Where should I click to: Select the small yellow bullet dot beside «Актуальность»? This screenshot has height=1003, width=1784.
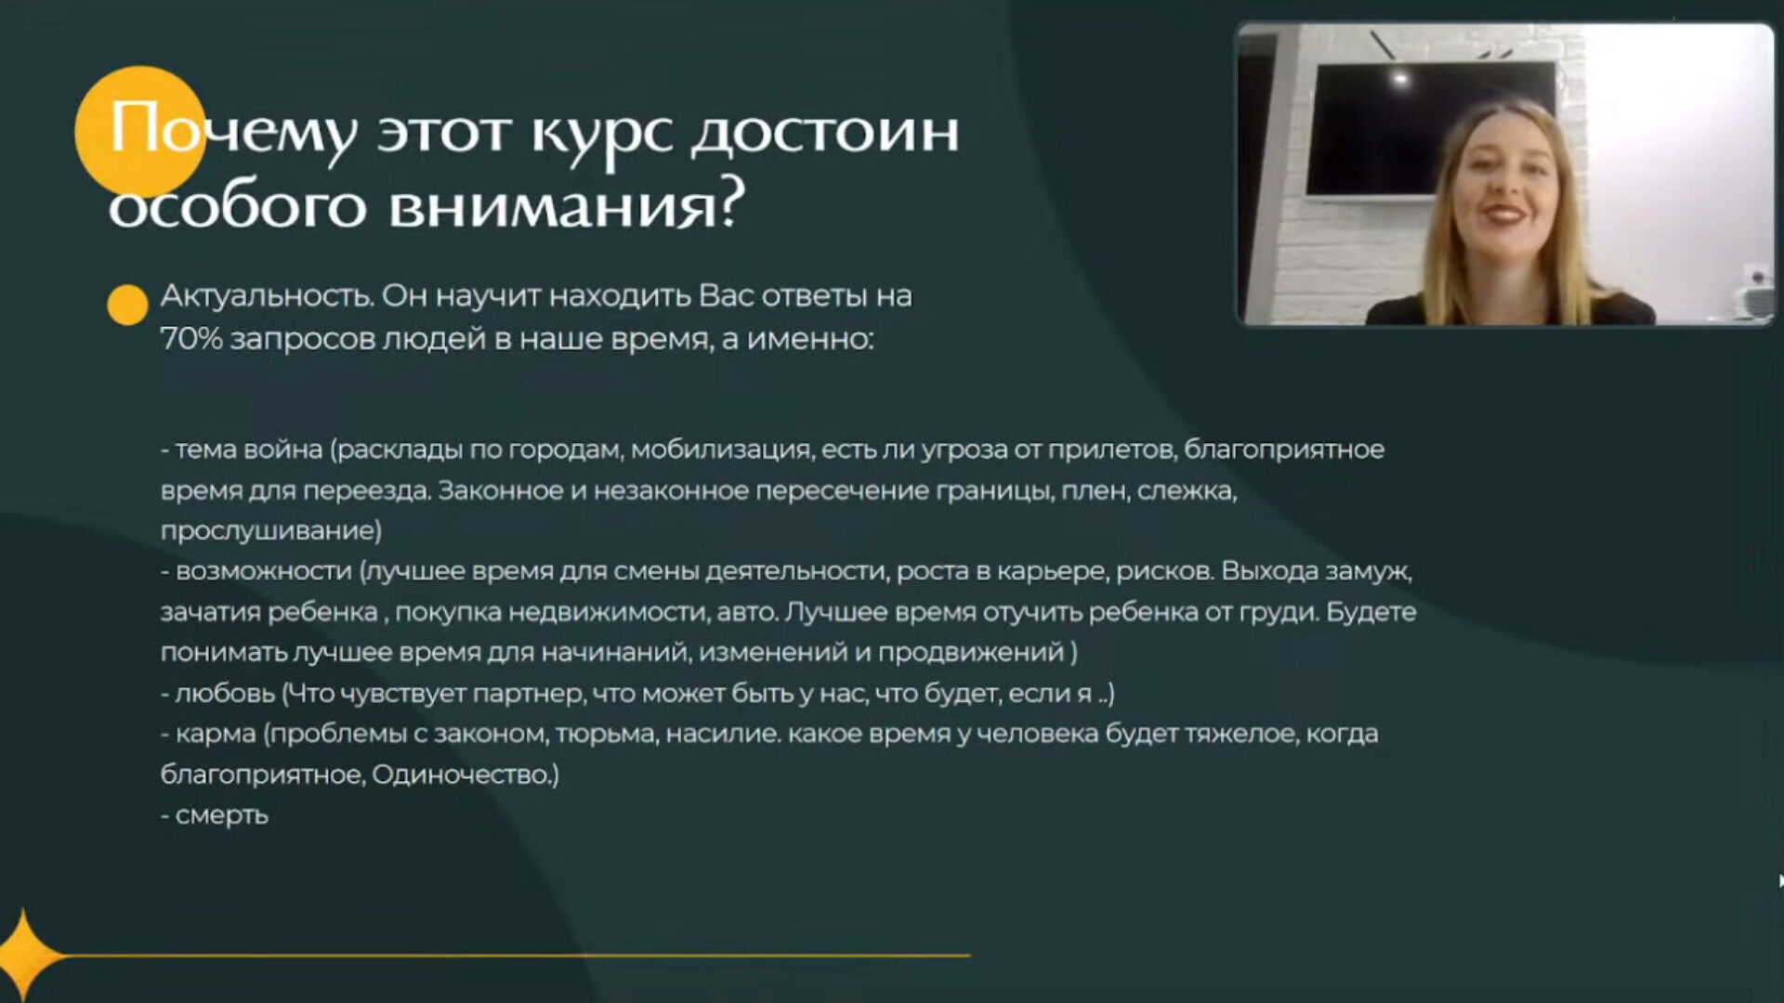tap(127, 305)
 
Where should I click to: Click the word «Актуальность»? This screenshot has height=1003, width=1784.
tap(267, 296)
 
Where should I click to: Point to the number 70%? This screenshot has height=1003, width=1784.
tap(191, 339)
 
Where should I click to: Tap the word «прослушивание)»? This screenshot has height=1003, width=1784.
tap(271, 531)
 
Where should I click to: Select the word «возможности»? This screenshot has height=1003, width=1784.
tap(264, 571)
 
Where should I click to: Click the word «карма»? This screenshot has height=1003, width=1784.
tap(216, 735)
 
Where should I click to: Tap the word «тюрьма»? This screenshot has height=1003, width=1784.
tap(607, 735)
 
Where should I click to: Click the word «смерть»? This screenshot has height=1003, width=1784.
tap(222, 815)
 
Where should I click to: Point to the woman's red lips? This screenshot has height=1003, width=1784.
tap(1502, 214)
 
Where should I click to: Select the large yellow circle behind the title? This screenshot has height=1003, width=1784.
tap(140, 131)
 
